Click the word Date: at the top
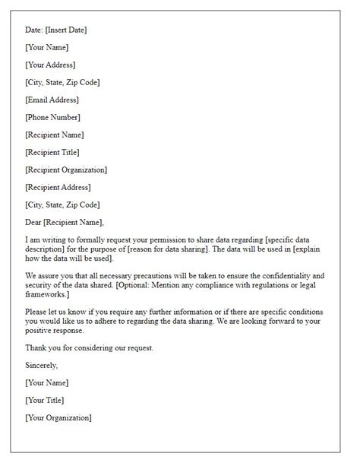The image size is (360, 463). [35, 30]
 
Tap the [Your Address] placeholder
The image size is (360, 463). [50, 65]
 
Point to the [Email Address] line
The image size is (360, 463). [52, 100]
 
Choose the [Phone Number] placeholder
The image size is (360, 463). [52, 117]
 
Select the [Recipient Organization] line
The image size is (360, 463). [66, 170]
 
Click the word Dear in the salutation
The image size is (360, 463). [35, 222]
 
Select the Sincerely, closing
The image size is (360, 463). [43, 365]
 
